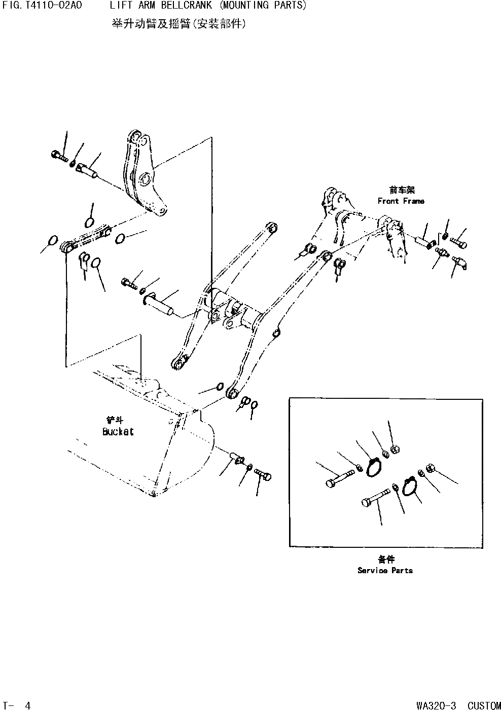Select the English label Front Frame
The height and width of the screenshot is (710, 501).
click(x=401, y=201)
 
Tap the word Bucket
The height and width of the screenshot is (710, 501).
click(x=118, y=432)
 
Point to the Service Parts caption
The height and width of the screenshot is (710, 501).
click(x=385, y=571)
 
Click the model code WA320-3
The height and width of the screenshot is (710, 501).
click(x=436, y=705)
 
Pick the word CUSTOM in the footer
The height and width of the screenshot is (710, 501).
click(x=484, y=705)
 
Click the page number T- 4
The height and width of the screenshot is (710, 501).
click(x=17, y=705)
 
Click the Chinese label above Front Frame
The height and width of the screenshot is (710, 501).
click(x=402, y=190)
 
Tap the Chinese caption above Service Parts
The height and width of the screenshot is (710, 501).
click(x=386, y=559)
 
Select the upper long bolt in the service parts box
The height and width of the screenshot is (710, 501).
click(x=339, y=478)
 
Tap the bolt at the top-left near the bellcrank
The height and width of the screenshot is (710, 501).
click(x=59, y=156)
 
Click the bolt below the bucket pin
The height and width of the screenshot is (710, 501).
click(x=263, y=475)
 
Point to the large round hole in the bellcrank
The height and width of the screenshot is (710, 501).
click(x=145, y=179)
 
